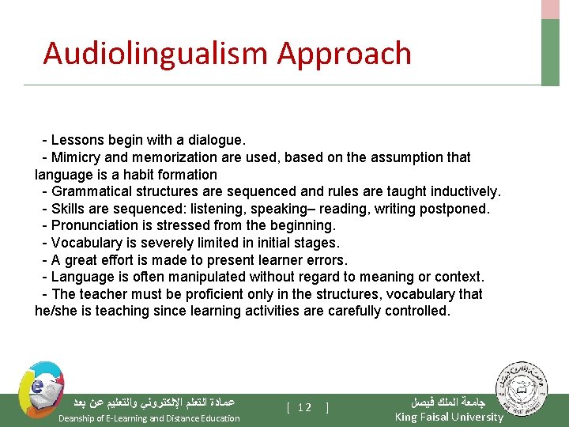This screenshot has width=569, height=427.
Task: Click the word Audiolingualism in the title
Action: click(156, 54)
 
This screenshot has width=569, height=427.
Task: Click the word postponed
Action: click(456, 209)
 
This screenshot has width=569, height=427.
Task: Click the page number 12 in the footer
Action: click(306, 407)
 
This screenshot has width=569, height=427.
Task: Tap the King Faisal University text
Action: click(448, 417)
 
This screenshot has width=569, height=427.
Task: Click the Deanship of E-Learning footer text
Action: click(149, 418)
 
